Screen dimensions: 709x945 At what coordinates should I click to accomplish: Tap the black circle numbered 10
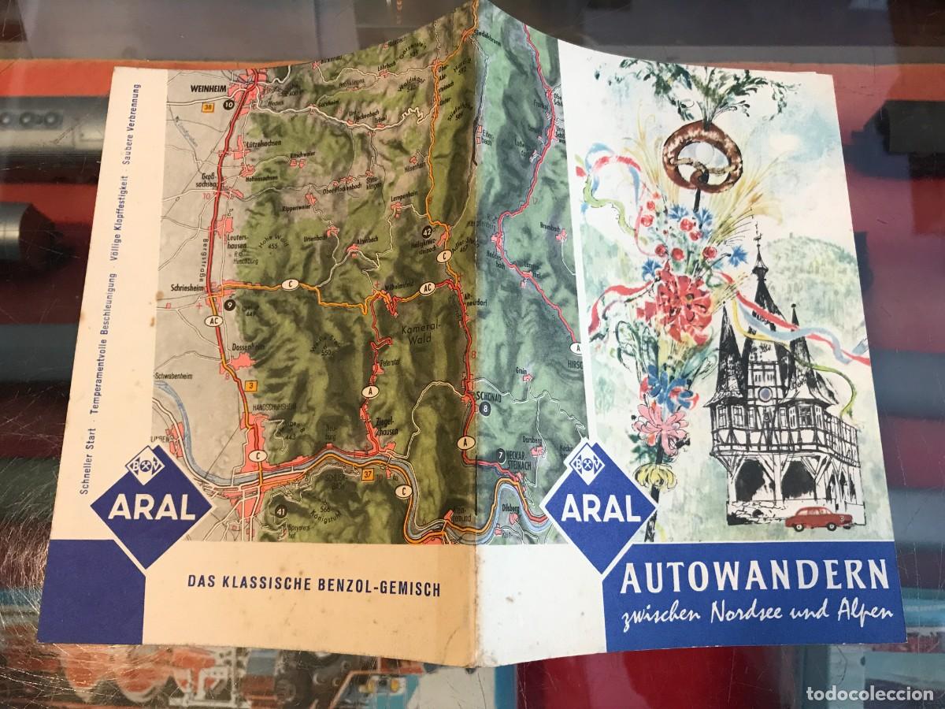[x=228, y=104]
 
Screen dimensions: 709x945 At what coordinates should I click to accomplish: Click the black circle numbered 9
[x=228, y=304]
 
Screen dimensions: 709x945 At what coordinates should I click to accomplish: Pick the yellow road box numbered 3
[x=250, y=385]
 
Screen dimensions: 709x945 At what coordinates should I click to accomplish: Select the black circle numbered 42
[x=427, y=232]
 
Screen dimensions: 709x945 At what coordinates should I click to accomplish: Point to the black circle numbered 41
[x=280, y=513]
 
